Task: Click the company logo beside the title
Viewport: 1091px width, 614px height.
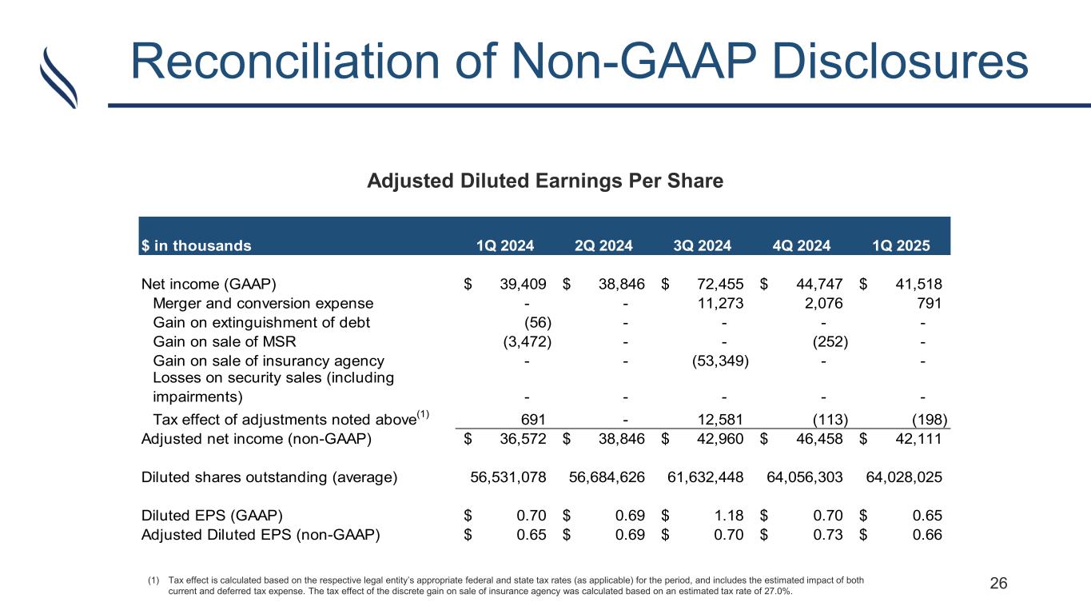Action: coord(58,77)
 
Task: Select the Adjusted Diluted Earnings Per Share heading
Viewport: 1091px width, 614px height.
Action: coord(544,181)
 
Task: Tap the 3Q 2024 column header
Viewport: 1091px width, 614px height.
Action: coord(703,245)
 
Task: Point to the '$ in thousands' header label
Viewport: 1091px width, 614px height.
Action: coord(196,245)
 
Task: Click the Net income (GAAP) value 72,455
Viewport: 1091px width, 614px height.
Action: coord(721,282)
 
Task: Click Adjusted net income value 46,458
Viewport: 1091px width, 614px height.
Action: coord(821,437)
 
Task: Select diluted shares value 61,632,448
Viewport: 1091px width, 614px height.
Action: coord(707,477)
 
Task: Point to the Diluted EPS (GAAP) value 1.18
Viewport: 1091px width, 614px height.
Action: coord(731,516)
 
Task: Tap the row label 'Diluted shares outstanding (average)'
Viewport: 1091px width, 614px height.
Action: coord(269,477)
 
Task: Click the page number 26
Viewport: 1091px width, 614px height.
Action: coord(998,584)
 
